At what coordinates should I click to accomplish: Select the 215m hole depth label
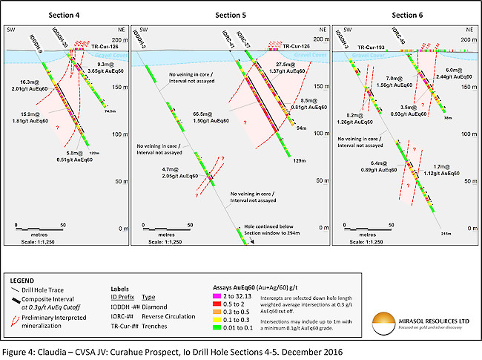pos(446,234)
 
